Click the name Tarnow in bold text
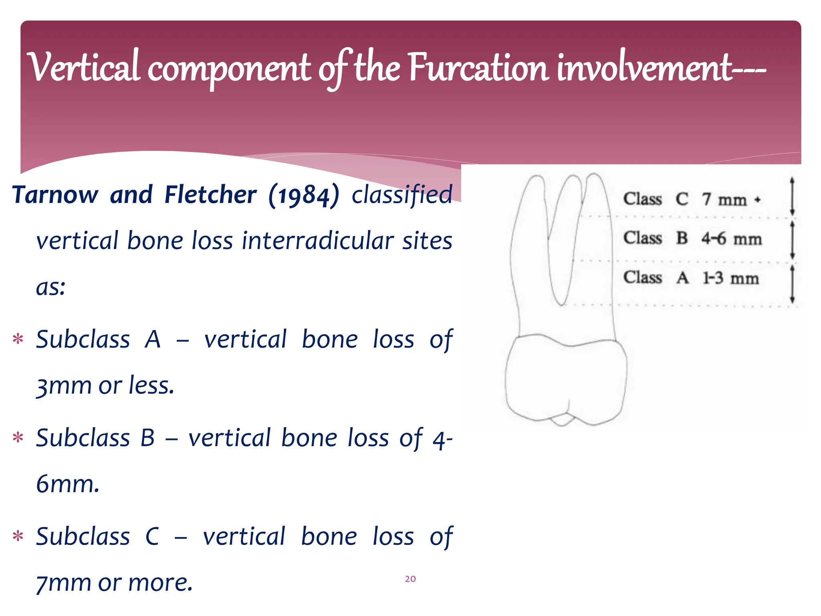coord(55,195)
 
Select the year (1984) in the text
coord(303,195)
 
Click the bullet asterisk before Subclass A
coord(18,339)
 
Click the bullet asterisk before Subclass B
coord(18,438)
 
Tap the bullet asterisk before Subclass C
coord(18,536)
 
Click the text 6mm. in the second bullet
coord(67,484)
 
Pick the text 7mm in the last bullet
coord(63,583)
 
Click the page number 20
coord(410,579)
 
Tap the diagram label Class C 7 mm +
coord(691,199)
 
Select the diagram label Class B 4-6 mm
coord(692,238)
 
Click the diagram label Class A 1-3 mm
coord(691,278)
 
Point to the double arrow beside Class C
coord(792,197)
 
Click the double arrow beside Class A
coord(792,284)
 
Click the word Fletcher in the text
coord(210,195)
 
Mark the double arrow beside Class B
coord(792,240)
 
